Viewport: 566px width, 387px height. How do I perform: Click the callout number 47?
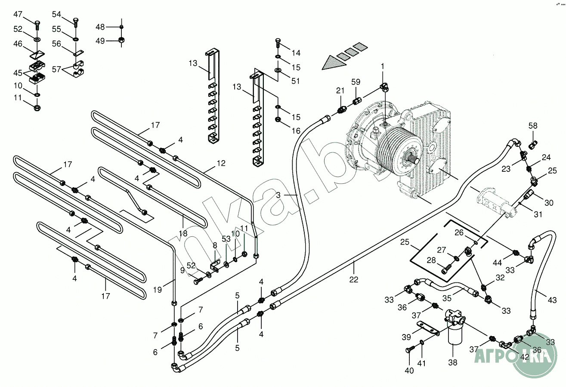tap(18, 14)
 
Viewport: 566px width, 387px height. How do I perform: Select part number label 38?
tap(452, 362)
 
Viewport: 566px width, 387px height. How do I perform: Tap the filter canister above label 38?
tap(455, 333)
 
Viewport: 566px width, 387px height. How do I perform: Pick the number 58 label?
tap(533, 126)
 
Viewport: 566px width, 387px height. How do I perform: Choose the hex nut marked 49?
tap(121, 41)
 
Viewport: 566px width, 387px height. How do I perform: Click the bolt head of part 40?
tap(408, 351)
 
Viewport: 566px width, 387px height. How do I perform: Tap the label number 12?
tap(221, 164)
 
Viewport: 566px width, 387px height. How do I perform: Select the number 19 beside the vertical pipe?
tap(157, 290)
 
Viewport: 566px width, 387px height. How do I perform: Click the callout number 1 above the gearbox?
tap(382, 66)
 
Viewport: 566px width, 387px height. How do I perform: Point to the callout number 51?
tap(295, 81)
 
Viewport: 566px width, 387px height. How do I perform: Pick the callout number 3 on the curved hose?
tap(278, 195)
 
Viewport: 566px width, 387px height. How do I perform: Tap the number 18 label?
tap(183, 233)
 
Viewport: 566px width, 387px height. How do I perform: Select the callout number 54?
tap(57, 14)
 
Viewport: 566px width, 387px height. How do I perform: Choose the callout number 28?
tap(432, 260)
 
